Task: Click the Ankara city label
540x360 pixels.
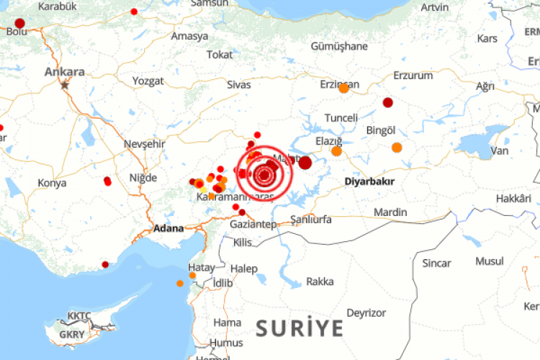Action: (x=65, y=71)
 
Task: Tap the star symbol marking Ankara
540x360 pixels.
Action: (x=66, y=84)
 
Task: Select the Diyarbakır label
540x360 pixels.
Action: (x=369, y=181)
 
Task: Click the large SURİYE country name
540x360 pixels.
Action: (x=300, y=328)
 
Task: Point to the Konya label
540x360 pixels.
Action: (x=52, y=183)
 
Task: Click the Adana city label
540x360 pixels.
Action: (x=169, y=229)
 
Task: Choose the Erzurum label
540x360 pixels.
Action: (x=413, y=75)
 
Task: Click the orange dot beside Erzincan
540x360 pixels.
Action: (x=343, y=89)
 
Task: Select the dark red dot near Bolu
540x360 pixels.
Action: (x=19, y=23)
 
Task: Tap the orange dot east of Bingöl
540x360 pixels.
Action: (x=397, y=148)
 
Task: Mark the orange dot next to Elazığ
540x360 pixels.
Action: (x=336, y=151)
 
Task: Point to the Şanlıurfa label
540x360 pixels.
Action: (x=310, y=219)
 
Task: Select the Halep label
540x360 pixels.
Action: (x=244, y=269)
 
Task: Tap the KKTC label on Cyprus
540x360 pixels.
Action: (x=78, y=316)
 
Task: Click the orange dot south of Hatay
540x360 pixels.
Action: (x=180, y=283)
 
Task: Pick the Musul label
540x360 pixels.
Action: (x=490, y=261)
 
